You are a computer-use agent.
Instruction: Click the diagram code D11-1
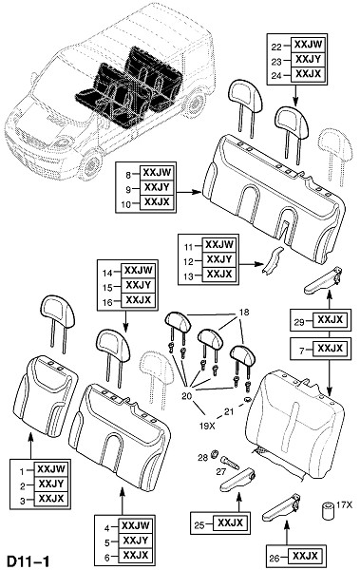coord(28,560)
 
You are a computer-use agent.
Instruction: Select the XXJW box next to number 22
coord(309,45)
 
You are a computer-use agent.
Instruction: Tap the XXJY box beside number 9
coord(157,187)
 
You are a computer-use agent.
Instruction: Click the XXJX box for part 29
coord(331,319)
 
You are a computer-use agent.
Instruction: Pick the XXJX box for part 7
coord(331,349)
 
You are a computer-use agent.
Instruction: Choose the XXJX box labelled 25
coord(230,523)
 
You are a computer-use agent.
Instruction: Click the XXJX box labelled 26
coord(306,556)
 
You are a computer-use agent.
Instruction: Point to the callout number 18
coord(244,313)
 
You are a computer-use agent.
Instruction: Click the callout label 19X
coord(207,426)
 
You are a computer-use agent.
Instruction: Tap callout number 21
coord(229,412)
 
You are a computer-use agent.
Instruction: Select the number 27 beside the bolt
coord(220,472)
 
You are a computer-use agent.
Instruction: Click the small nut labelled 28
coord(215,453)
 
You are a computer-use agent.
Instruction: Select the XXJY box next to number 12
coord(218,259)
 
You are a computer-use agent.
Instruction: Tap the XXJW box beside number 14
coord(138,271)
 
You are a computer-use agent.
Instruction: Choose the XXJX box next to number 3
coord(51,499)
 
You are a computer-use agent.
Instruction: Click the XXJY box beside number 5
coord(136,541)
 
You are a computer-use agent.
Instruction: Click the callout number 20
coord(186,396)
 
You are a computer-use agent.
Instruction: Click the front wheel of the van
coord(90,166)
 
